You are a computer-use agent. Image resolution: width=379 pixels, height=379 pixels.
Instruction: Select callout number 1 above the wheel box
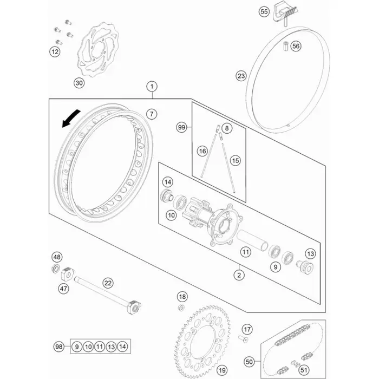(x=152, y=87)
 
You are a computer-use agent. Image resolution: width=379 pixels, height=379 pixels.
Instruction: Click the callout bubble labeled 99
(x=181, y=127)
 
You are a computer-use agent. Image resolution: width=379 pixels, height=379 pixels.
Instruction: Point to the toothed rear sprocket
(x=202, y=341)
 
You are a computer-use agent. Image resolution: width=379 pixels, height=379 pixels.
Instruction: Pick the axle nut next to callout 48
(x=56, y=269)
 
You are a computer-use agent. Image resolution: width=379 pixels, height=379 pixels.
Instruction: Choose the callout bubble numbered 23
(x=241, y=76)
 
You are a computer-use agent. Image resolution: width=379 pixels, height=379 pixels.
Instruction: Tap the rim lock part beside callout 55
(x=285, y=14)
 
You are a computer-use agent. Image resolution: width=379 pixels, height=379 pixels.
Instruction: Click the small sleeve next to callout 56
(x=286, y=46)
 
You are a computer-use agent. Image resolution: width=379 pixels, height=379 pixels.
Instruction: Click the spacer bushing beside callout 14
(x=167, y=196)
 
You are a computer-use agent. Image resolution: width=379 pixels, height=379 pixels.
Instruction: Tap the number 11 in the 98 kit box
(x=100, y=347)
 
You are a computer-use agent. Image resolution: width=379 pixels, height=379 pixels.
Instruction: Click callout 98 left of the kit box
(x=58, y=347)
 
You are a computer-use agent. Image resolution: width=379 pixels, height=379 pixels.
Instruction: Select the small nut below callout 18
(x=181, y=308)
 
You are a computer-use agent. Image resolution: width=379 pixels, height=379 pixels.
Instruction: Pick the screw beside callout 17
(x=243, y=338)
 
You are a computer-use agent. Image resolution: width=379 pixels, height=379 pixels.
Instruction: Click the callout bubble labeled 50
(x=249, y=362)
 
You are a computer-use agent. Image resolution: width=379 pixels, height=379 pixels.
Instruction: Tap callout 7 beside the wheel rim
(x=152, y=114)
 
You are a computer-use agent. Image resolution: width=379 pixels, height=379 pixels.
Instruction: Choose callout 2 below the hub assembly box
(x=239, y=275)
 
